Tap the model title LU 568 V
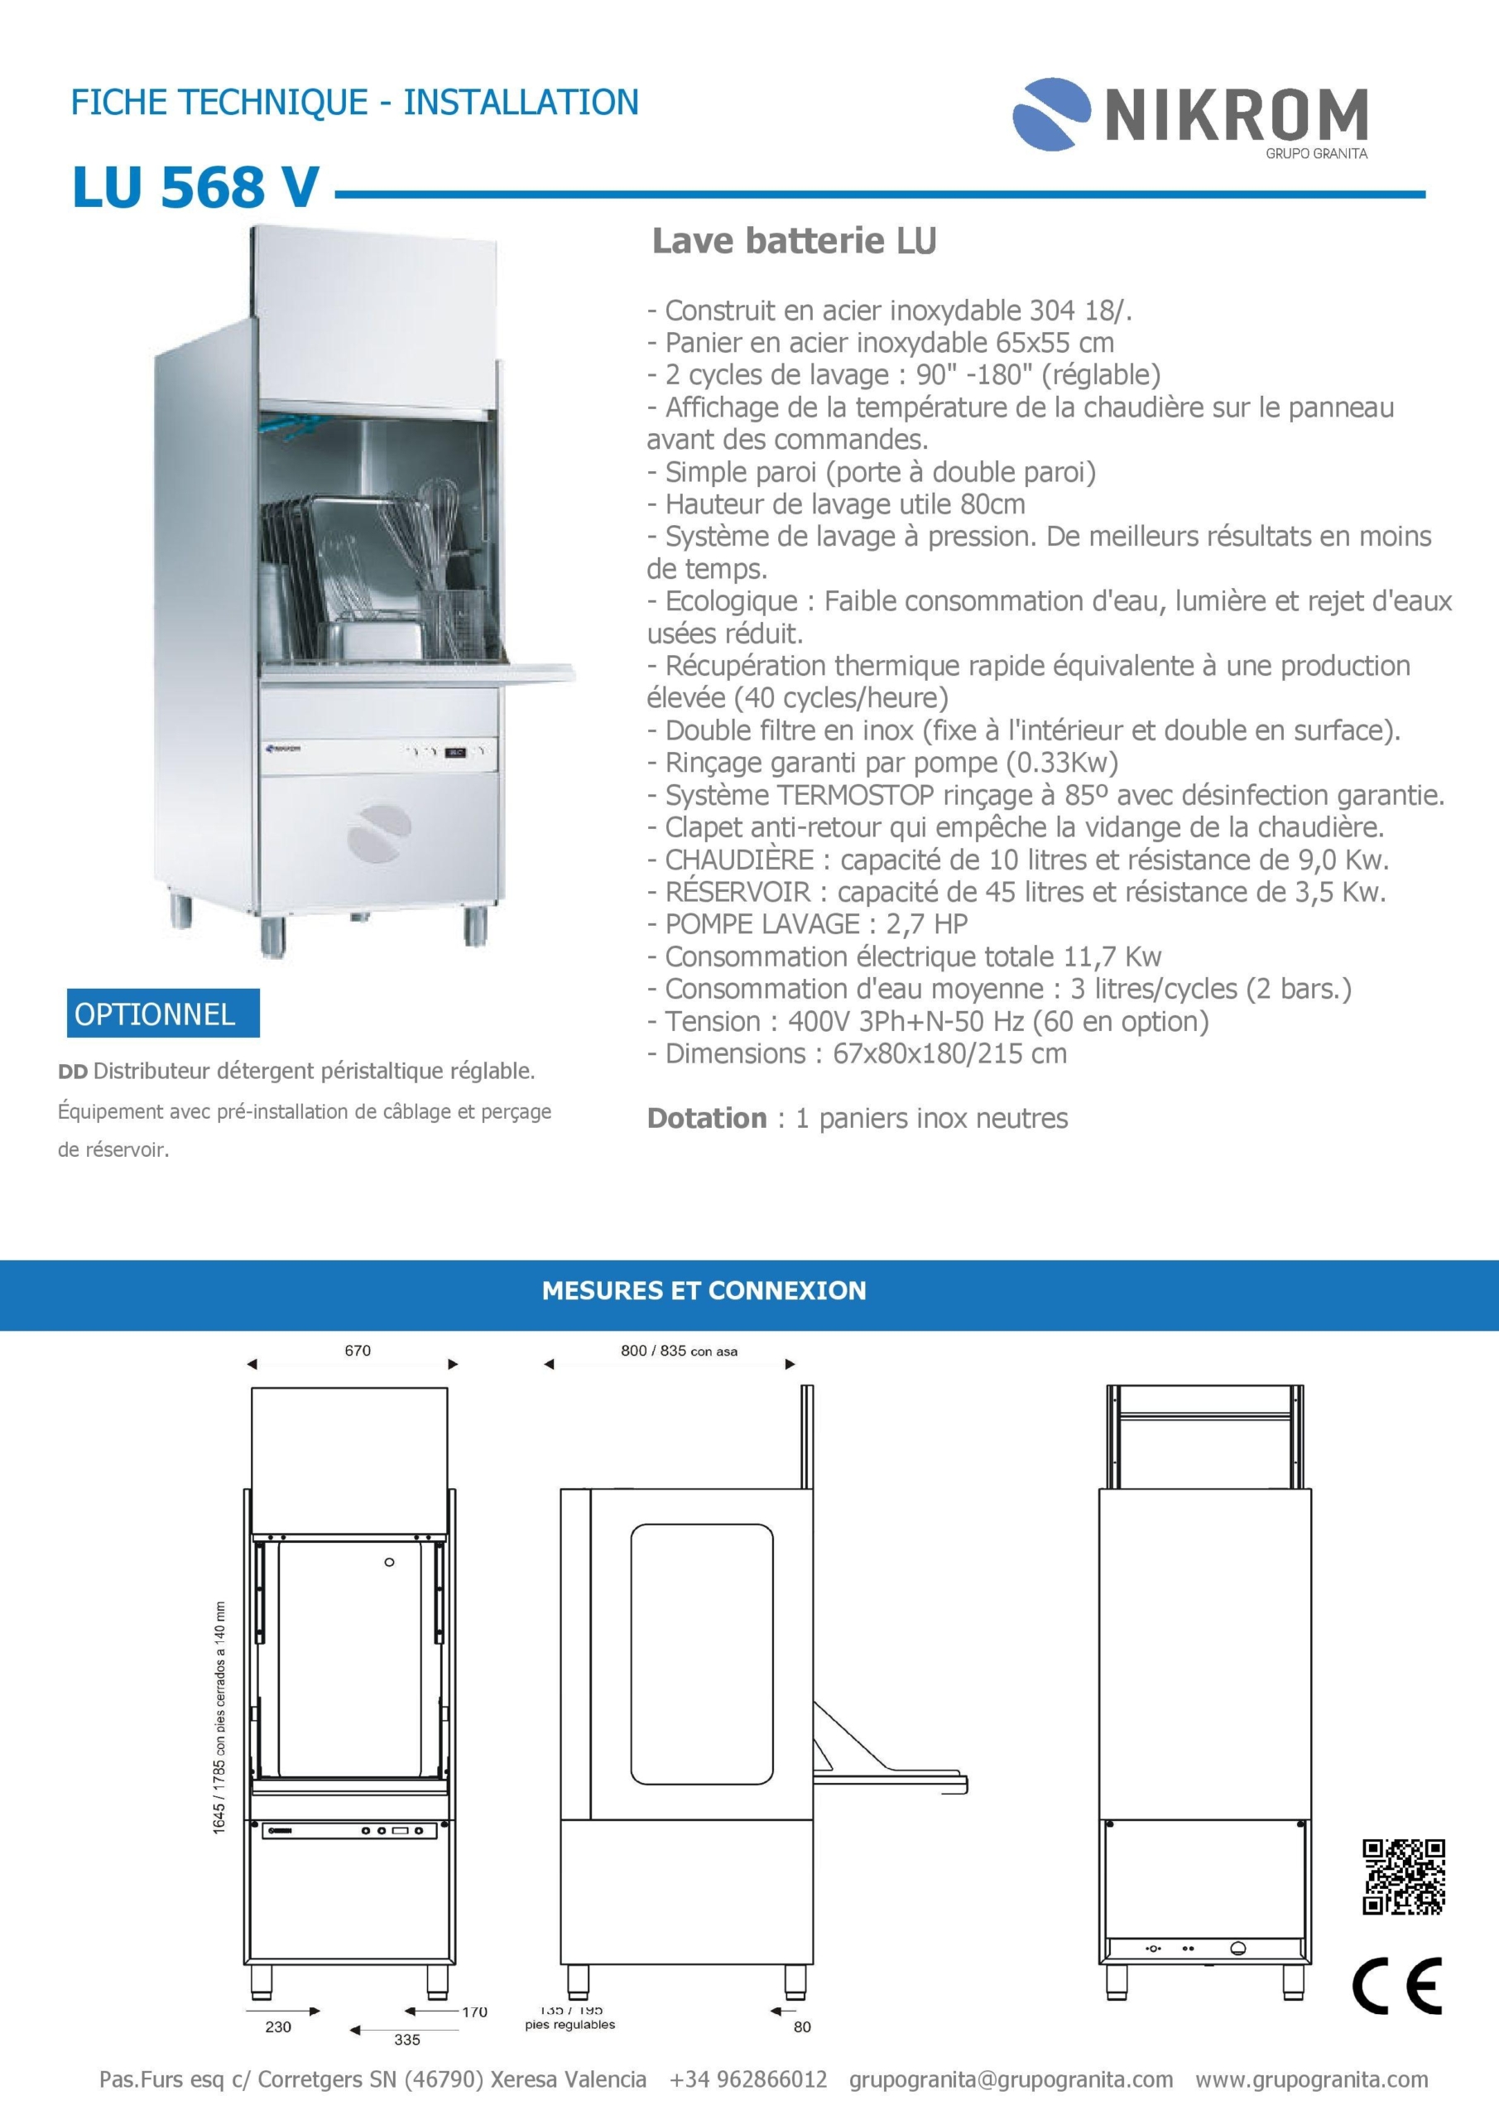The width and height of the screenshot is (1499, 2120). (195, 187)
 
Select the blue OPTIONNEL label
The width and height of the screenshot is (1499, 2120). (155, 1014)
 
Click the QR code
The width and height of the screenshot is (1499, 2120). (1403, 1877)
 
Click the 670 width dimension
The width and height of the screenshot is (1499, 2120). (358, 1351)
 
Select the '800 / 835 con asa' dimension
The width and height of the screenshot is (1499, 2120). (679, 1351)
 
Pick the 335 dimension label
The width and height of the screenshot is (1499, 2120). (407, 2040)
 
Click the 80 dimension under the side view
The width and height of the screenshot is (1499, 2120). (802, 2026)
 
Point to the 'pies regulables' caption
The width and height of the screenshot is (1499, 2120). (569, 2025)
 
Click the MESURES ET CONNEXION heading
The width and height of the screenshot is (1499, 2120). (704, 1291)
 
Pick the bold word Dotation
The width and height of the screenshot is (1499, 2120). (706, 1119)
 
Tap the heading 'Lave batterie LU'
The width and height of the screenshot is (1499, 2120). (794, 242)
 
